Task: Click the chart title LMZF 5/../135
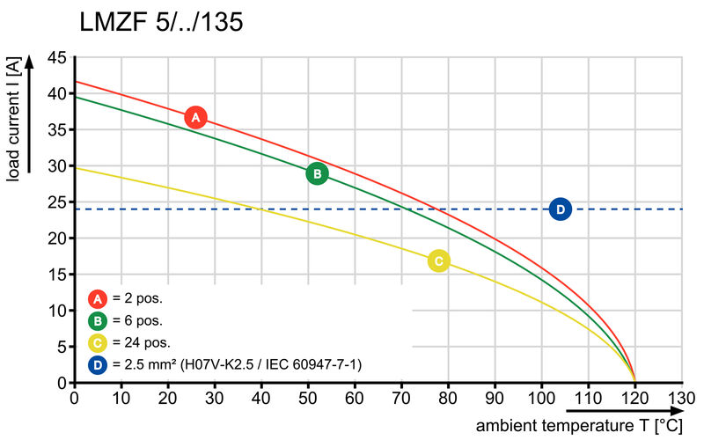[x=161, y=22]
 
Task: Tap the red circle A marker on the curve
[x=195, y=117]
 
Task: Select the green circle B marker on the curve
[x=317, y=173]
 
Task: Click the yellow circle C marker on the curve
[x=438, y=260]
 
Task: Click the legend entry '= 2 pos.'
[x=136, y=298]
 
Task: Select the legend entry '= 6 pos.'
[x=136, y=320]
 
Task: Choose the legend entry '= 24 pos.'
[x=140, y=342]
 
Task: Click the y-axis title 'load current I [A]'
[x=13, y=121]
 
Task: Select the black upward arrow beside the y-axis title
[x=31, y=114]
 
